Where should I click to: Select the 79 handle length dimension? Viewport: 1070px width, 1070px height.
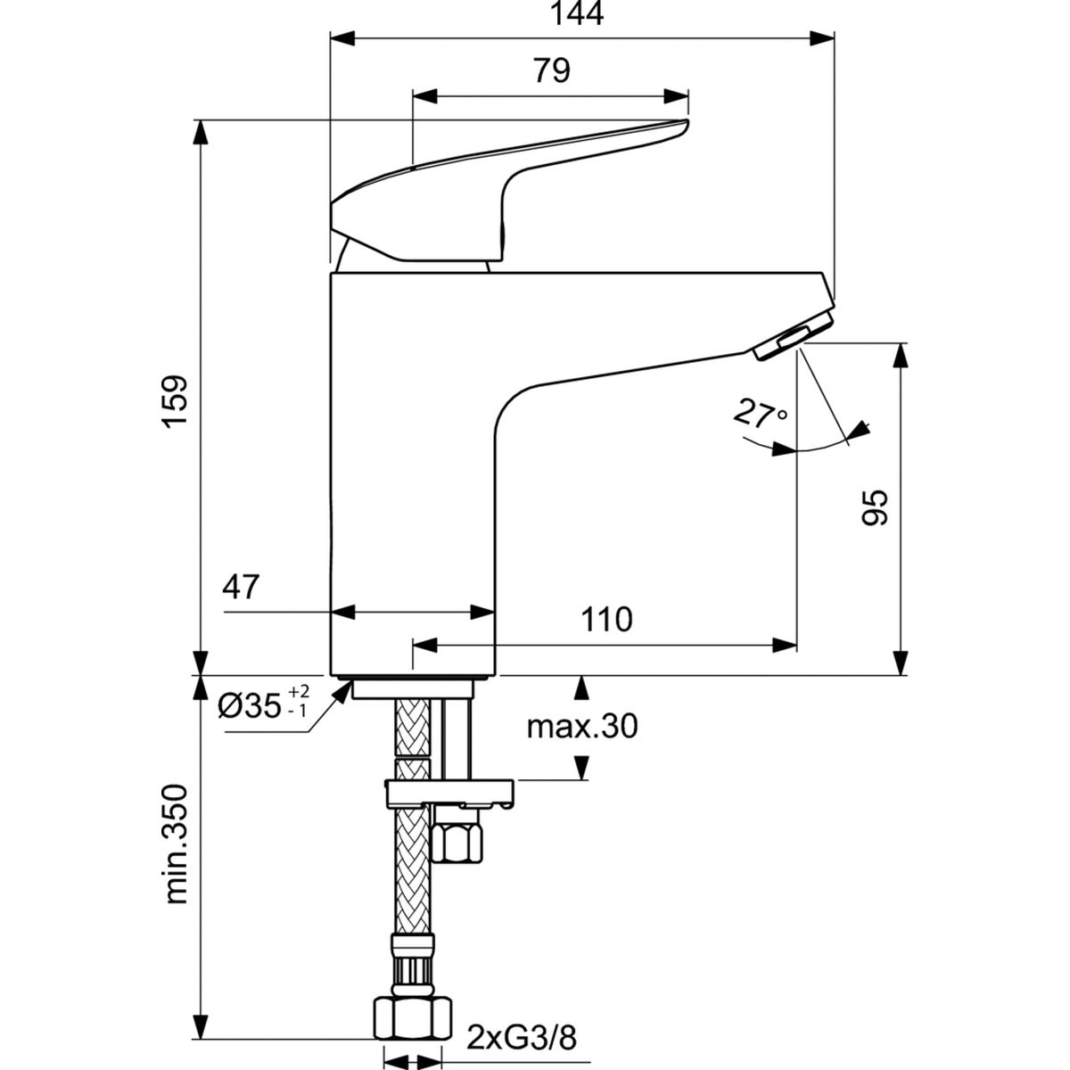[552, 71]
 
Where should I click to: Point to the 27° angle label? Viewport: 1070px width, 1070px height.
[760, 415]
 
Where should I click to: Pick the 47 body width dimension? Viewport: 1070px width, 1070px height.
[240, 588]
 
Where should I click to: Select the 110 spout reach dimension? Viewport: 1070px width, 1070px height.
[605, 619]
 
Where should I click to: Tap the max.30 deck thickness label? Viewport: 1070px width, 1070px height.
[582, 728]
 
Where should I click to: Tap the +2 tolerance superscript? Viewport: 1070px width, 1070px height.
[299, 692]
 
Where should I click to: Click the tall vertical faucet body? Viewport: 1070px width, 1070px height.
[410, 499]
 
